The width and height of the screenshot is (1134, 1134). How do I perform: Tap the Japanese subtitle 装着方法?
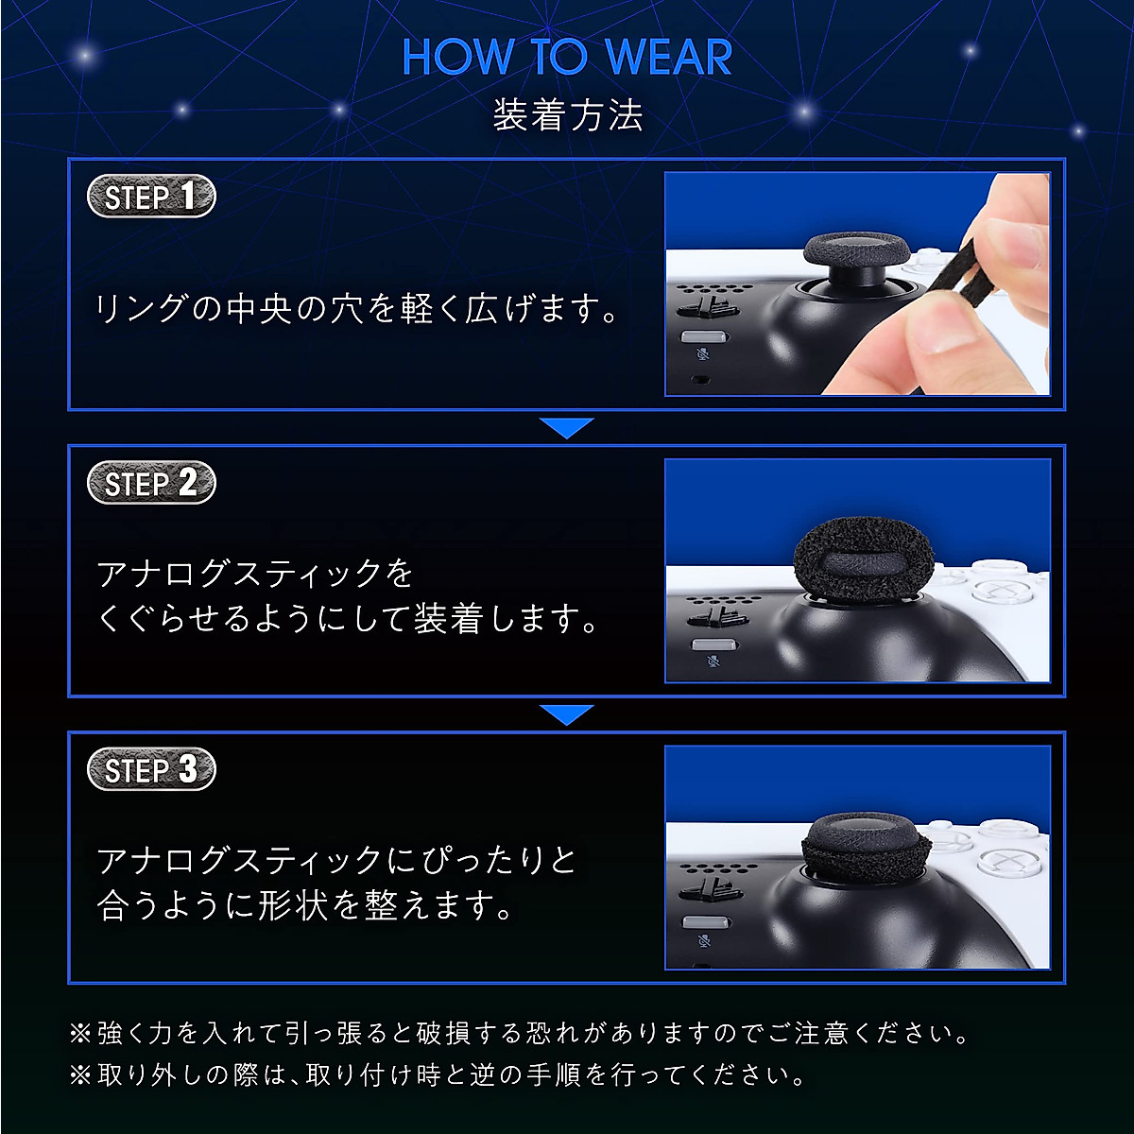tap(567, 115)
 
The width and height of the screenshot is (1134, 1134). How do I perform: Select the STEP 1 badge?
tap(151, 197)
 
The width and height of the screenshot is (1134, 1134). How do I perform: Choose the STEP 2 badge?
tap(151, 483)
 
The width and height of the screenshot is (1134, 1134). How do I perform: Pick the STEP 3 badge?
tap(151, 769)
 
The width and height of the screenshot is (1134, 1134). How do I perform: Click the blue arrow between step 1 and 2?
tap(567, 427)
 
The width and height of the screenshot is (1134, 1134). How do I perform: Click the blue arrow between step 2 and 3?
tap(567, 714)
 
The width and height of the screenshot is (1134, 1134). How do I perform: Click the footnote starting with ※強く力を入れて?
tap(520, 1034)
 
